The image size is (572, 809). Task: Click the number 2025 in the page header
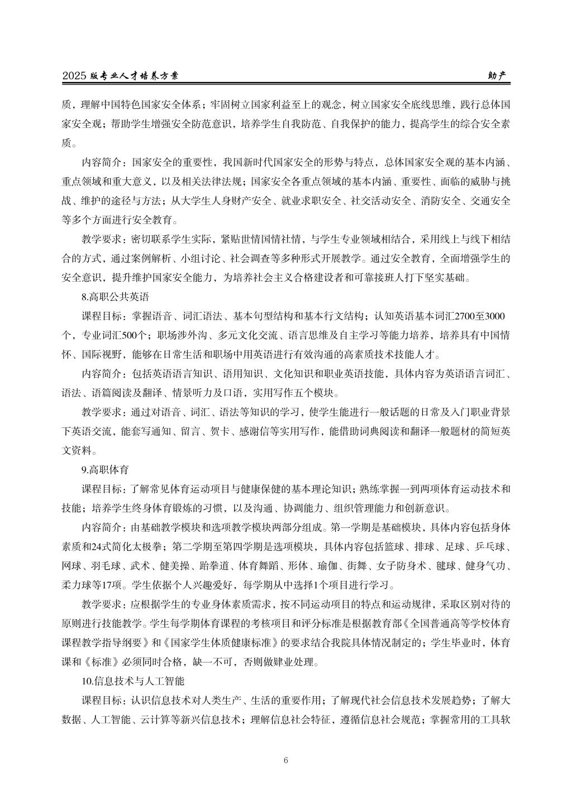pyautogui.click(x=74, y=76)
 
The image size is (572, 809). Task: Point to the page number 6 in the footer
pyautogui.click(x=286, y=760)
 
